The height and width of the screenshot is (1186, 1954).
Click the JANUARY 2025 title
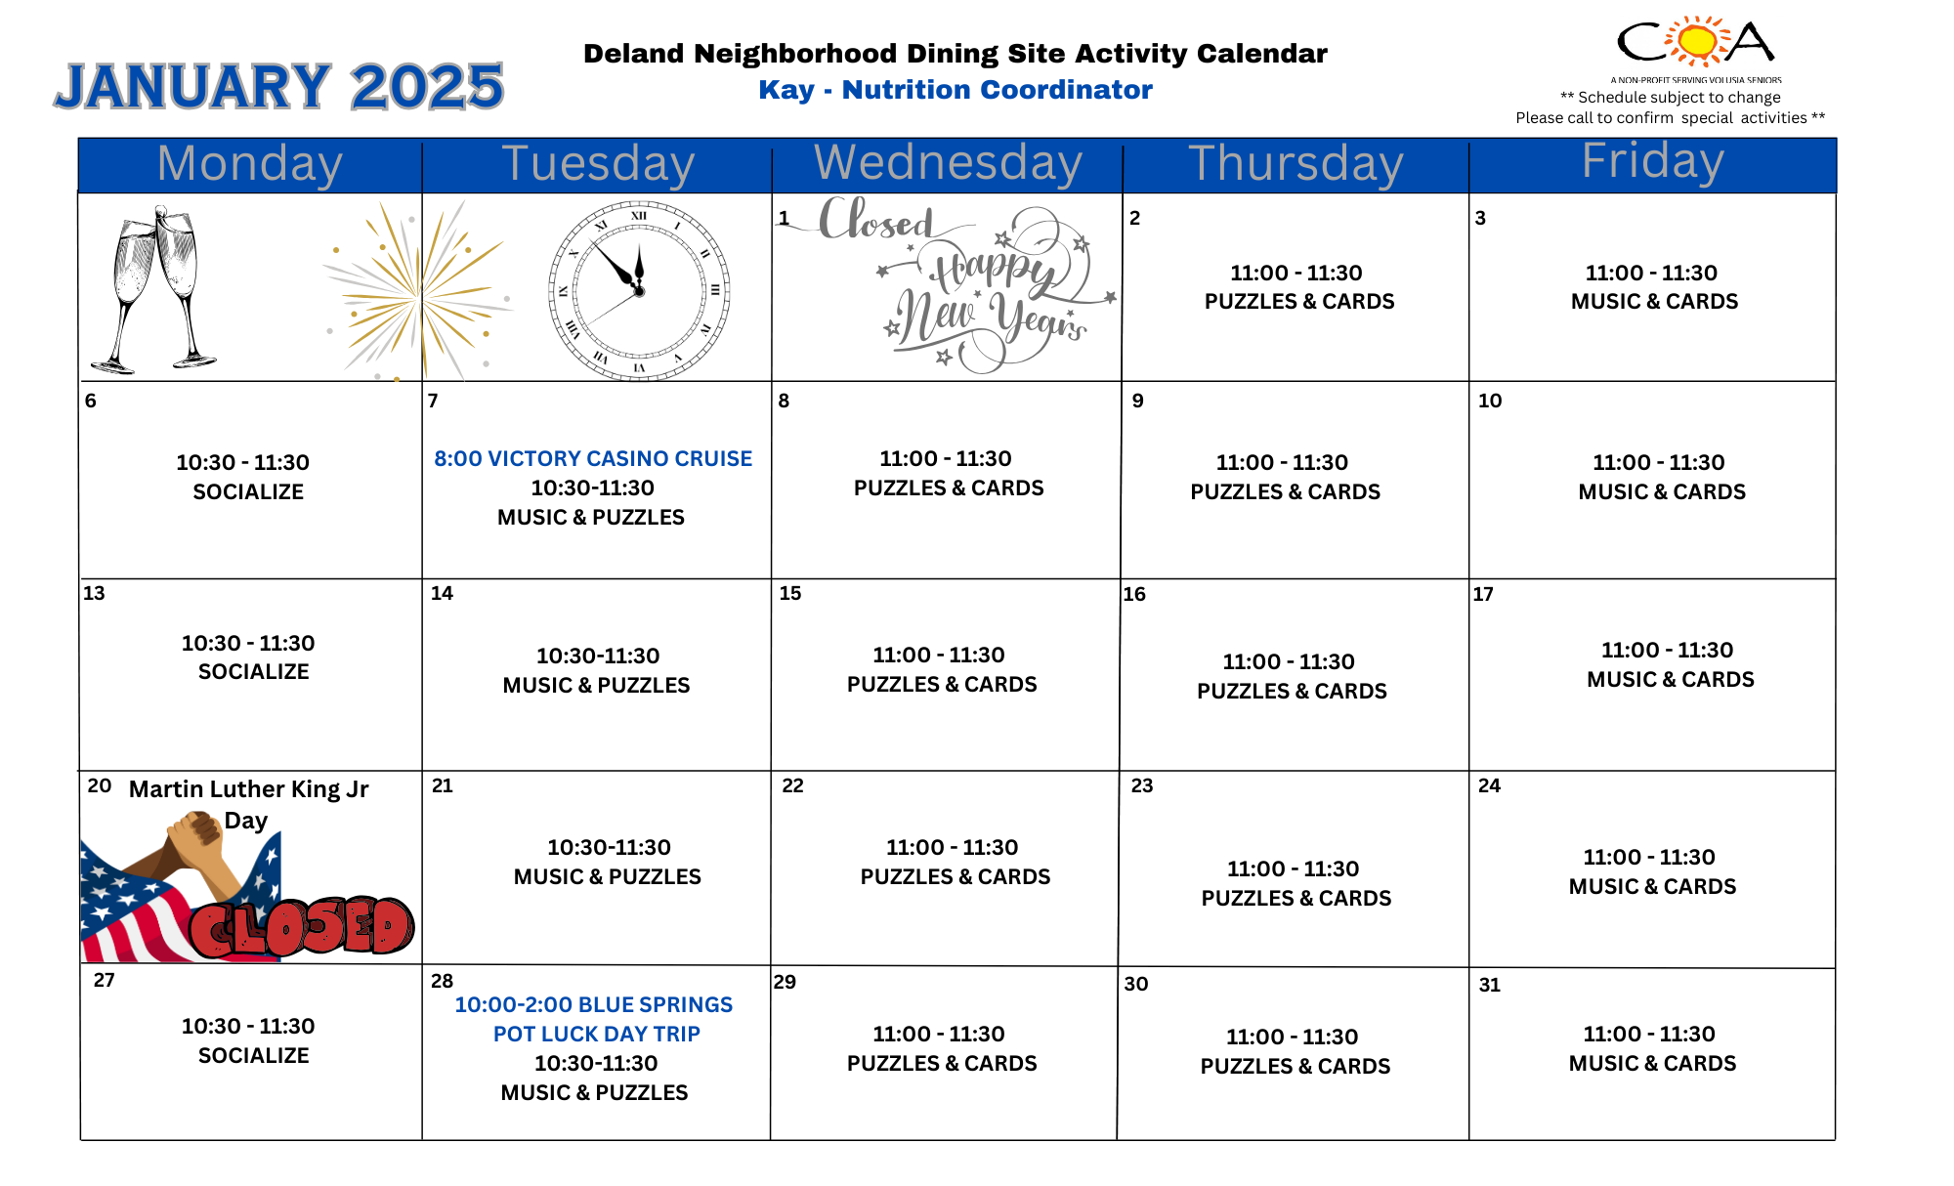279,86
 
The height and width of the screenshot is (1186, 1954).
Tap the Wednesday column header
948,163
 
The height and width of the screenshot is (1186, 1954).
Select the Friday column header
1652,161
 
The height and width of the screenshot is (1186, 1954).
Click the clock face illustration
639,290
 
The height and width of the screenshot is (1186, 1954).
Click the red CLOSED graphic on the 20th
302,926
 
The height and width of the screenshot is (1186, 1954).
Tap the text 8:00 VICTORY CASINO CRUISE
593,458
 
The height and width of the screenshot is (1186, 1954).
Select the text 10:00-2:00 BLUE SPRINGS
593,1004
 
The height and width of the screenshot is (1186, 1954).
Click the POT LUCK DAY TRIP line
596,1034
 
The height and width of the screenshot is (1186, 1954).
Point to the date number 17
1483,594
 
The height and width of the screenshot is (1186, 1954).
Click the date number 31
1489,985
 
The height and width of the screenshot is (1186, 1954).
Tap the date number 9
1137,401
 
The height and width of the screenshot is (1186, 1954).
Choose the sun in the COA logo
1698,41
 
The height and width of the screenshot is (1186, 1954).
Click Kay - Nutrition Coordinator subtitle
955,90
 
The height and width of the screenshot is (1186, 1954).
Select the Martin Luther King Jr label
248,789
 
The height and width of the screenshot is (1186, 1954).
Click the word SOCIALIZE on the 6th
248,491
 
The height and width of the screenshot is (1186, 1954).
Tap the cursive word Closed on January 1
875,220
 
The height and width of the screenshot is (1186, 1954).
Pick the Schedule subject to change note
1670,98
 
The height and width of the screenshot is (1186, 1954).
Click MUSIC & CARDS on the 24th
1652,886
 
